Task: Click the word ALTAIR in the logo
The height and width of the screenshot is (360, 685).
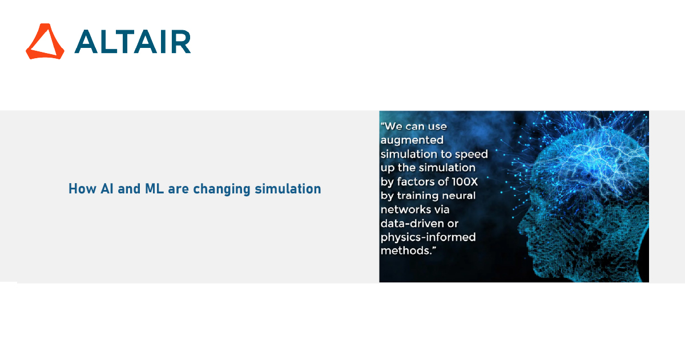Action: coord(132,42)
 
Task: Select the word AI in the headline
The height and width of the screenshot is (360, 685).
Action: coord(107,188)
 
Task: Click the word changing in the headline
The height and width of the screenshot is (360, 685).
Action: coord(221,189)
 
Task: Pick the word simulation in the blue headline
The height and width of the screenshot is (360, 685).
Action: coord(288,188)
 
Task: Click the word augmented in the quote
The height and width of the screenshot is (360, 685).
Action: coord(412,140)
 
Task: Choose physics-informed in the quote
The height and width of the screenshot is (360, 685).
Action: coord(428,237)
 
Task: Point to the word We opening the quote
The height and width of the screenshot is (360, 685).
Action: coord(393,126)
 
